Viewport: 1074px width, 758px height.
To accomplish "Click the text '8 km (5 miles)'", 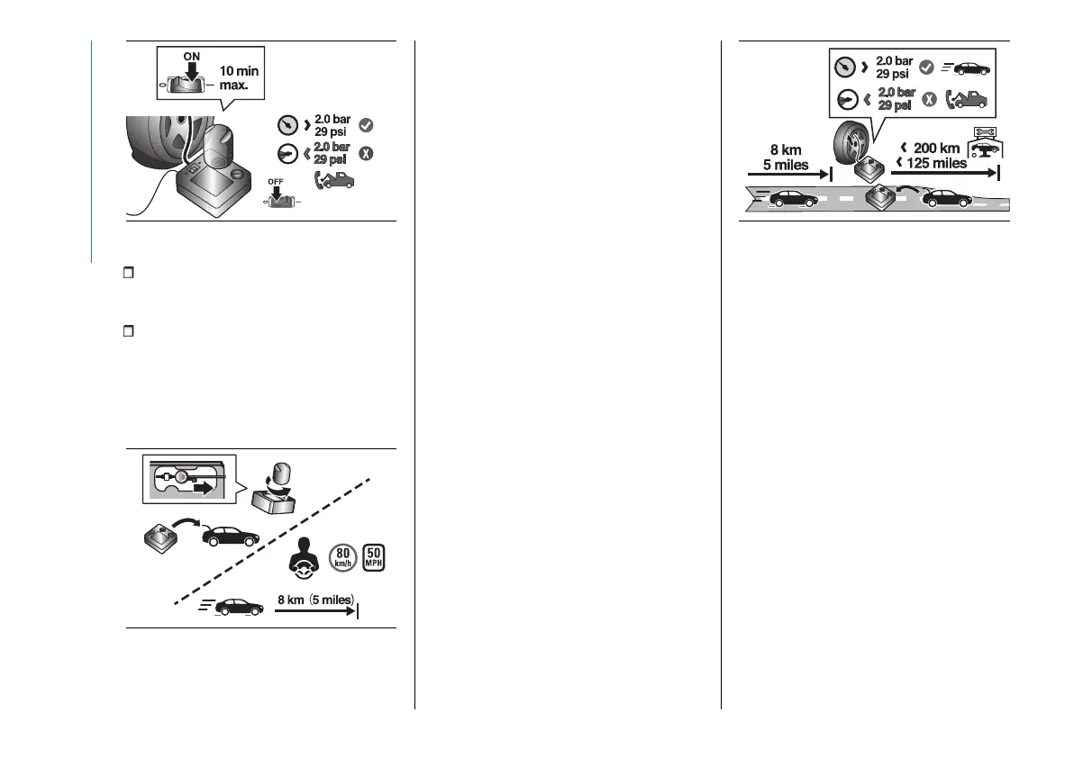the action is (315, 598).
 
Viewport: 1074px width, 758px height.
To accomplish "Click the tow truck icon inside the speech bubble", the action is (967, 99).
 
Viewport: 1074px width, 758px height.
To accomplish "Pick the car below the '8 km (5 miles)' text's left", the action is (232, 608).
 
